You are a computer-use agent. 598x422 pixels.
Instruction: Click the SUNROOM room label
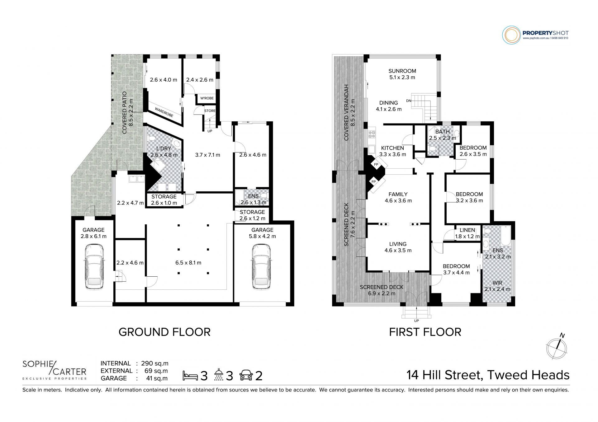[402, 71]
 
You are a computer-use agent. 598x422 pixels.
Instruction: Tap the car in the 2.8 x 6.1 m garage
[94, 266]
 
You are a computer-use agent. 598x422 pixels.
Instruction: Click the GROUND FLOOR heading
[164, 332]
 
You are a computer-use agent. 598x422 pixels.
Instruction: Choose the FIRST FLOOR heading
[425, 332]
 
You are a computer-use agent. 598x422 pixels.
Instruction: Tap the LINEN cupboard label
[467, 230]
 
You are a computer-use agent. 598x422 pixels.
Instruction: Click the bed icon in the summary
[190, 376]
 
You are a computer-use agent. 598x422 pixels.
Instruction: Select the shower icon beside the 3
[219, 375]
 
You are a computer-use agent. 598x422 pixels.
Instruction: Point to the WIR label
[497, 283]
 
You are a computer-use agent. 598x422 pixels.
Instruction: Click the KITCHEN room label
[392, 148]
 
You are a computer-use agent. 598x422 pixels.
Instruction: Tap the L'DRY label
[164, 148]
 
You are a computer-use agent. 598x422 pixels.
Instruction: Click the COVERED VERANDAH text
[346, 112]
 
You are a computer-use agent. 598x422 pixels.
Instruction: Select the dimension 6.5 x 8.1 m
[188, 263]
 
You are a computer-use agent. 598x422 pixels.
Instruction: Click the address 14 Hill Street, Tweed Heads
[488, 375]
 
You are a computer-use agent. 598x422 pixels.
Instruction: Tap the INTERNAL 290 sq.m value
[155, 363]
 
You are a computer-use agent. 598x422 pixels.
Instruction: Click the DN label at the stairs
[409, 101]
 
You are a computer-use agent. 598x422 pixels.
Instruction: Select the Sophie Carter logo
[55, 370]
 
